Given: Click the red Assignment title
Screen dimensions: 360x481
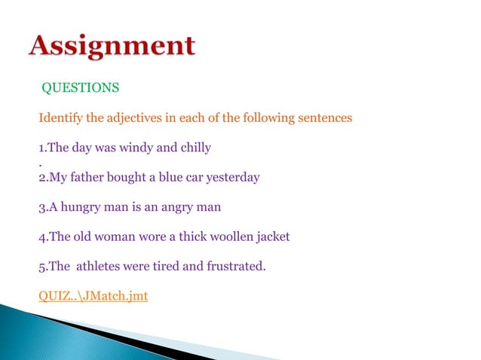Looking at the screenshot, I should click(112, 47).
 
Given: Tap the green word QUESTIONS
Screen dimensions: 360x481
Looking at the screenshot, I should click(80, 88).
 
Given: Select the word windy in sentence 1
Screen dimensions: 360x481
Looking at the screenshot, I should click(137, 147).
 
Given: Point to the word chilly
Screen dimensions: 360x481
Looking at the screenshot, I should click(194, 147).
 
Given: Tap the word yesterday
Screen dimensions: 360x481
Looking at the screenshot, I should click(233, 178).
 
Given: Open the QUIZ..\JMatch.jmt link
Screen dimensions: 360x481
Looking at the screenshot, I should click(93, 296).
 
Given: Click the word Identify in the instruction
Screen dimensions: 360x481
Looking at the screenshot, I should click(59, 118).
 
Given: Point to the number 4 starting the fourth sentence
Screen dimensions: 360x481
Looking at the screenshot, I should click(41, 236).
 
